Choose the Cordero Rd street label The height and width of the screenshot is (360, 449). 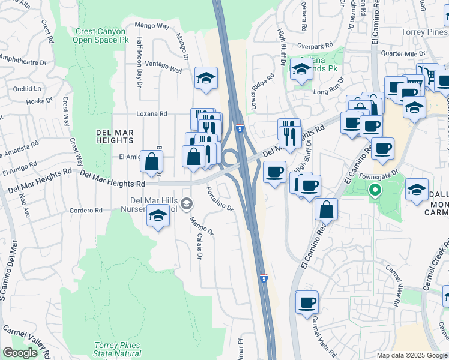(x=86, y=211)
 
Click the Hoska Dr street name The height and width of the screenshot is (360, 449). (x=40, y=101)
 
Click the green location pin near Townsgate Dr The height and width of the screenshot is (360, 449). (x=375, y=191)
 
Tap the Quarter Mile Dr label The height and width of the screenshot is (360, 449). (x=403, y=53)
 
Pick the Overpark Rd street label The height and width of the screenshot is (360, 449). (x=318, y=46)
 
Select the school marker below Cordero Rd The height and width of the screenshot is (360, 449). (x=157, y=216)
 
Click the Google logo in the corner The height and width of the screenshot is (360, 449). (x=20, y=353)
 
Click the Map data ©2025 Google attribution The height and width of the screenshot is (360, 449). (x=412, y=355)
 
